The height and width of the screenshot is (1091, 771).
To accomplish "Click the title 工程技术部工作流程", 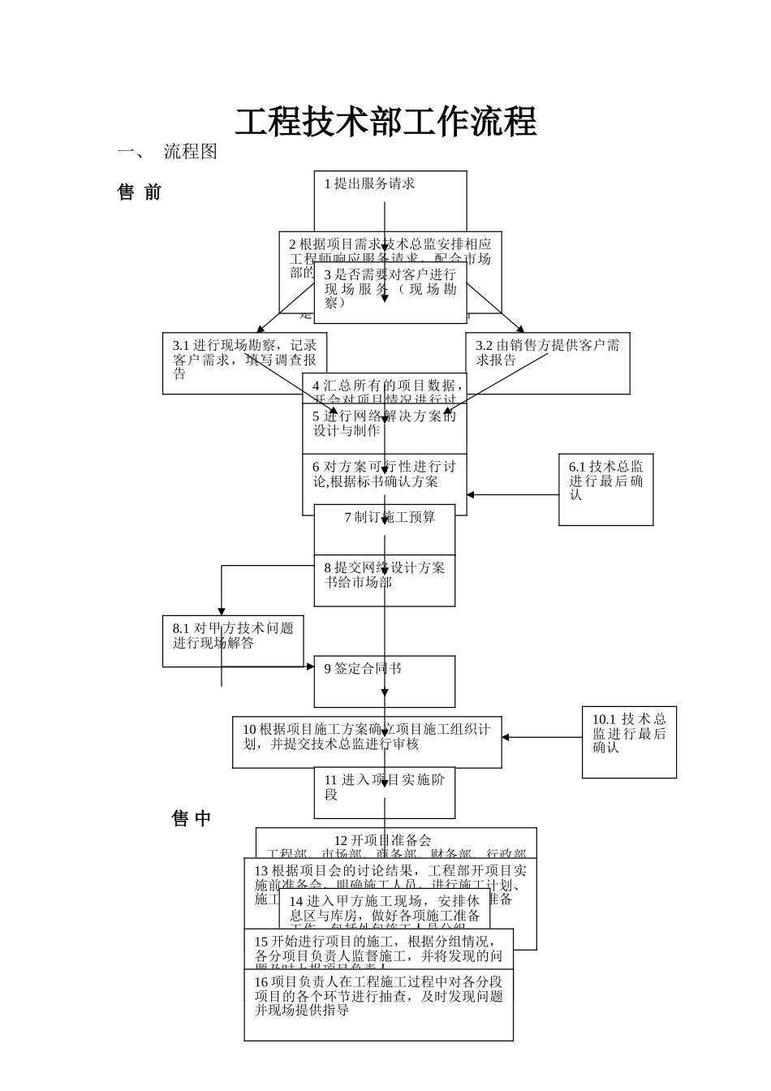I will (385, 122).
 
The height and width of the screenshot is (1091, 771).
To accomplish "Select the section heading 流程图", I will (191, 152).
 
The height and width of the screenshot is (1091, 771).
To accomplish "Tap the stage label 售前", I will (140, 192).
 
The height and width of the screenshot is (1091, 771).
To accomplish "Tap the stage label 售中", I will (192, 818).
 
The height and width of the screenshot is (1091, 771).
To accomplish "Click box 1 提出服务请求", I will (369, 184).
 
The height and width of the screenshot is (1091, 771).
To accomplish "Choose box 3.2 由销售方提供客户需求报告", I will (548, 354).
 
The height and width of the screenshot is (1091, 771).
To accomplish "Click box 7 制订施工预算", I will (390, 518).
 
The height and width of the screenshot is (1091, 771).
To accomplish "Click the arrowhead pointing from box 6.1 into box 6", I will (471, 494).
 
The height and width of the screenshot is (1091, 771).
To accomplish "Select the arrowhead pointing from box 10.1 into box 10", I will (506, 738).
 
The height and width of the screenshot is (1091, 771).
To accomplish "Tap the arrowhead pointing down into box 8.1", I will (221, 611).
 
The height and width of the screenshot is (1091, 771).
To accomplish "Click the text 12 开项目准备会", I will (382, 840).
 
